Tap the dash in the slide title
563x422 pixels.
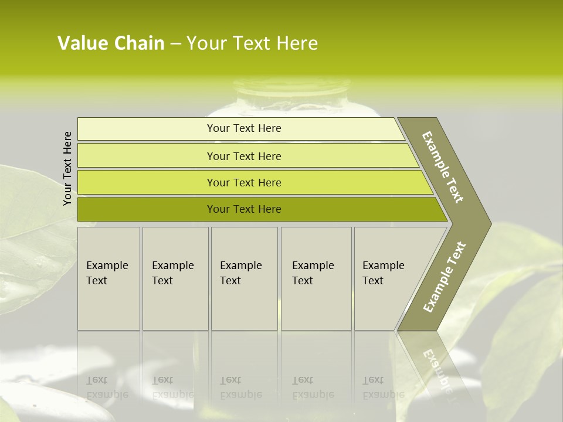(x=175, y=44)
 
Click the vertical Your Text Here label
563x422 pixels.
(x=67, y=168)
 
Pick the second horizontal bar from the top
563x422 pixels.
(x=243, y=156)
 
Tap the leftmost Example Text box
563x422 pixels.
(x=108, y=278)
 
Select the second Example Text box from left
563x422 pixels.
(x=175, y=278)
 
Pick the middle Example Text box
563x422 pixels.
(x=244, y=278)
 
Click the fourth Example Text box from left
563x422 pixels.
(x=316, y=278)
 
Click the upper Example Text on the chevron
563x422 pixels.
(x=443, y=167)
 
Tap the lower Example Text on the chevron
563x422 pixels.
(x=444, y=277)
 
